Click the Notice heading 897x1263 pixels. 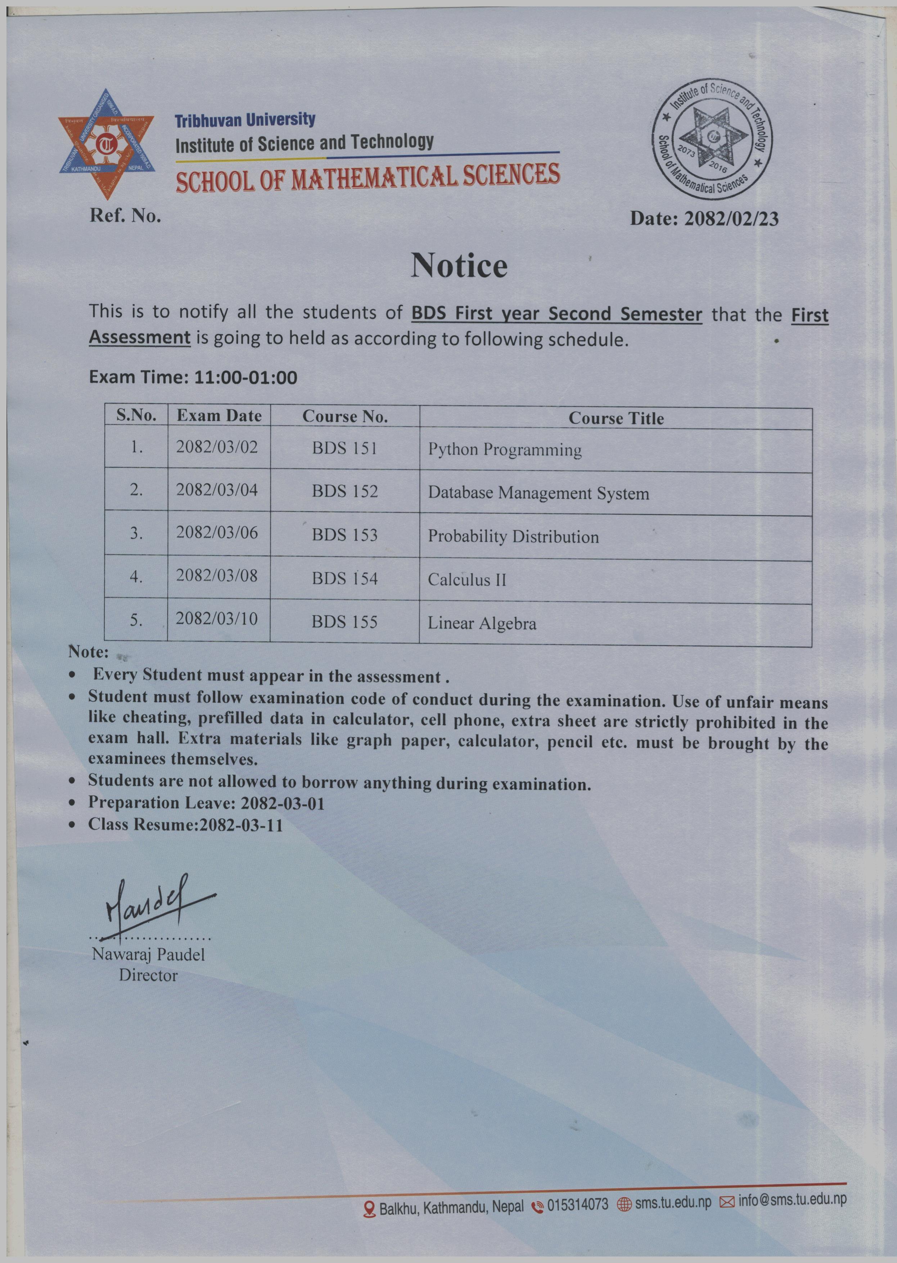coord(459,266)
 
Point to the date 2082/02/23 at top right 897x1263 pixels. coord(731,219)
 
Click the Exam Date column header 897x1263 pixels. coord(219,416)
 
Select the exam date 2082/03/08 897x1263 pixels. coord(217,576)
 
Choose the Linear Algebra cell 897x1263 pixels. coord(482,623)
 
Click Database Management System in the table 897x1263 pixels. coord(538,493)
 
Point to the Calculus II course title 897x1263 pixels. coord(467,580)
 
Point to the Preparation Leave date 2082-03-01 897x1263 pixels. coord(283,803)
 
